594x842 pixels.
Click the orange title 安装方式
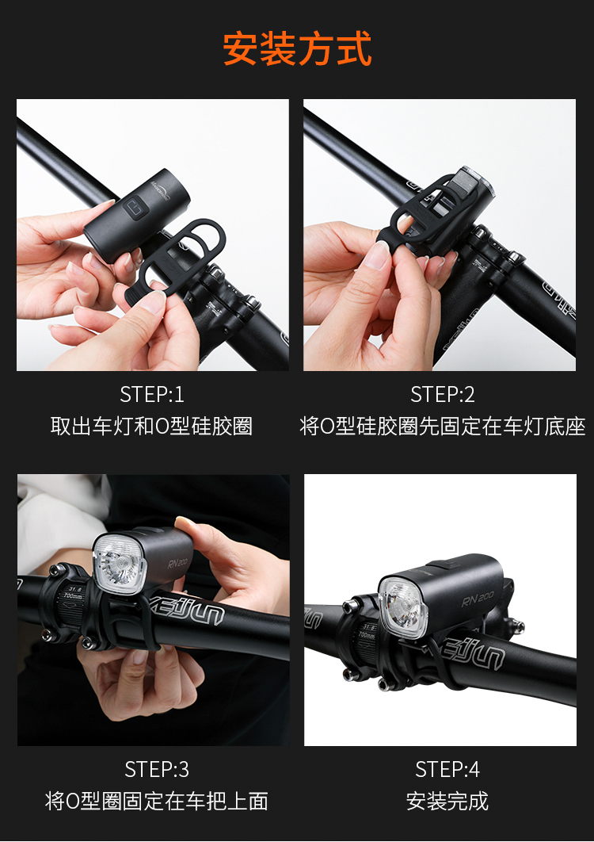pos(297,49)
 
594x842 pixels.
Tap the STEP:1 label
pos(152,395)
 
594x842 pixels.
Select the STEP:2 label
pos(442,395)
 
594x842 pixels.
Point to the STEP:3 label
pos(157,770)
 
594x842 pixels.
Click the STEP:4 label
pos(447,770)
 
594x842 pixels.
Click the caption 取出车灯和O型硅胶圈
pos(151,427)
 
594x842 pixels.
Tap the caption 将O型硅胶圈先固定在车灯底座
pos(442,427)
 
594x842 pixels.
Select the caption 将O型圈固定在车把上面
pos(157,802)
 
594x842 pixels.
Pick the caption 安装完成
pos(447,802)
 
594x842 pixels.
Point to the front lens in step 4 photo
pos(402,606)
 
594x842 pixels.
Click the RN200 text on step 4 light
pos(477,599)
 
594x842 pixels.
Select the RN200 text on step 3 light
pos(177,561)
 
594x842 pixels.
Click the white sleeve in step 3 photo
pos(59,515)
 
